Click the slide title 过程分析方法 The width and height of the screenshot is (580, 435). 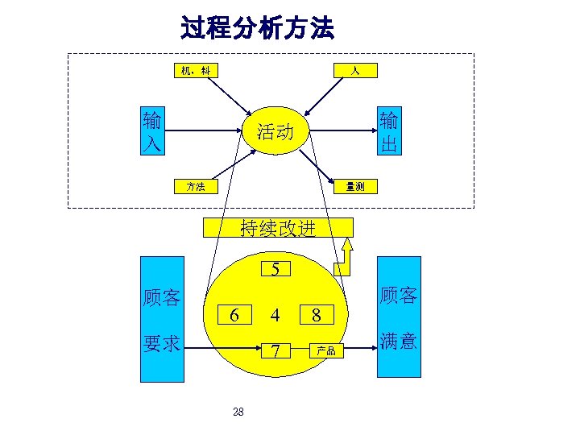click(x=257, y=29)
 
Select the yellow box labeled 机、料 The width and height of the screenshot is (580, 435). click(x=196, y=71)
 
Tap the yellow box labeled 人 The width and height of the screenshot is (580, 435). click(x=354, y=71)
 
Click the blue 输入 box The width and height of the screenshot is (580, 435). click(x=151, y=133)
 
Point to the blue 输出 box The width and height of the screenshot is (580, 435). click(x=388, y=133)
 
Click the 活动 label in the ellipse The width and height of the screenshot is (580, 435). click(x=275, y=131)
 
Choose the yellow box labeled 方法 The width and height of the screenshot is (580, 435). click(x=196, y=187)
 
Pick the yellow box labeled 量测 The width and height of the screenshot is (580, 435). click(x=354, y=187)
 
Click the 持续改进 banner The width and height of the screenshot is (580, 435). click(x=277, y=228)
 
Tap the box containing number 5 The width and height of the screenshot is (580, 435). click(x=275, y=269)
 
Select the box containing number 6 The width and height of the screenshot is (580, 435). click(x=234, y=313)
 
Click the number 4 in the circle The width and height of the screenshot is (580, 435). click(x=275, y=314)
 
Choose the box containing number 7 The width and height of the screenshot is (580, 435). click(x=275, y=351)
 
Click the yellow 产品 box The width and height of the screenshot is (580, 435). click(x=326, y=351)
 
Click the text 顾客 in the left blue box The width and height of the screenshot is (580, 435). click(x=161, y=297)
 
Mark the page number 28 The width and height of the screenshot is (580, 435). click(x=238, y=412)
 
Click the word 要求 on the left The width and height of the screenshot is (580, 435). click(x=161, y=342)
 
